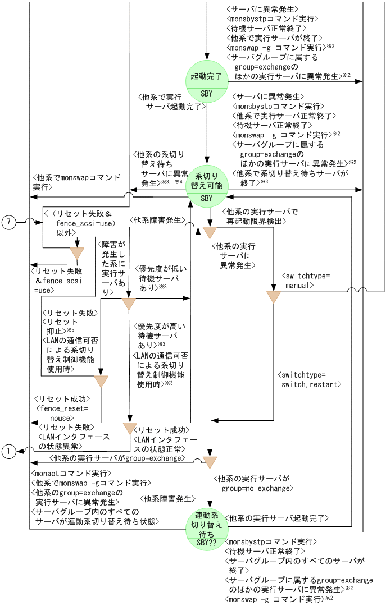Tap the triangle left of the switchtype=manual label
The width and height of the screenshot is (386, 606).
click(x=273, y=297)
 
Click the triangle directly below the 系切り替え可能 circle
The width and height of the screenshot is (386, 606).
click(x=210, y=232)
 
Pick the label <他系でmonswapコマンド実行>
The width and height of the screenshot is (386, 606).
click(x=76, y=182)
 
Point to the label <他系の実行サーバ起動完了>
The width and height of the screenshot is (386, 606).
click(x=276, y=517)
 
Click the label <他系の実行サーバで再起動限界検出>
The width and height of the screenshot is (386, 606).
click(x=260, y=216)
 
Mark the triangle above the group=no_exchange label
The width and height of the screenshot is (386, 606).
click(x=210, y=462)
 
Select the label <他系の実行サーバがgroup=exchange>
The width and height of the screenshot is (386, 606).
click(x=117, y=458)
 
